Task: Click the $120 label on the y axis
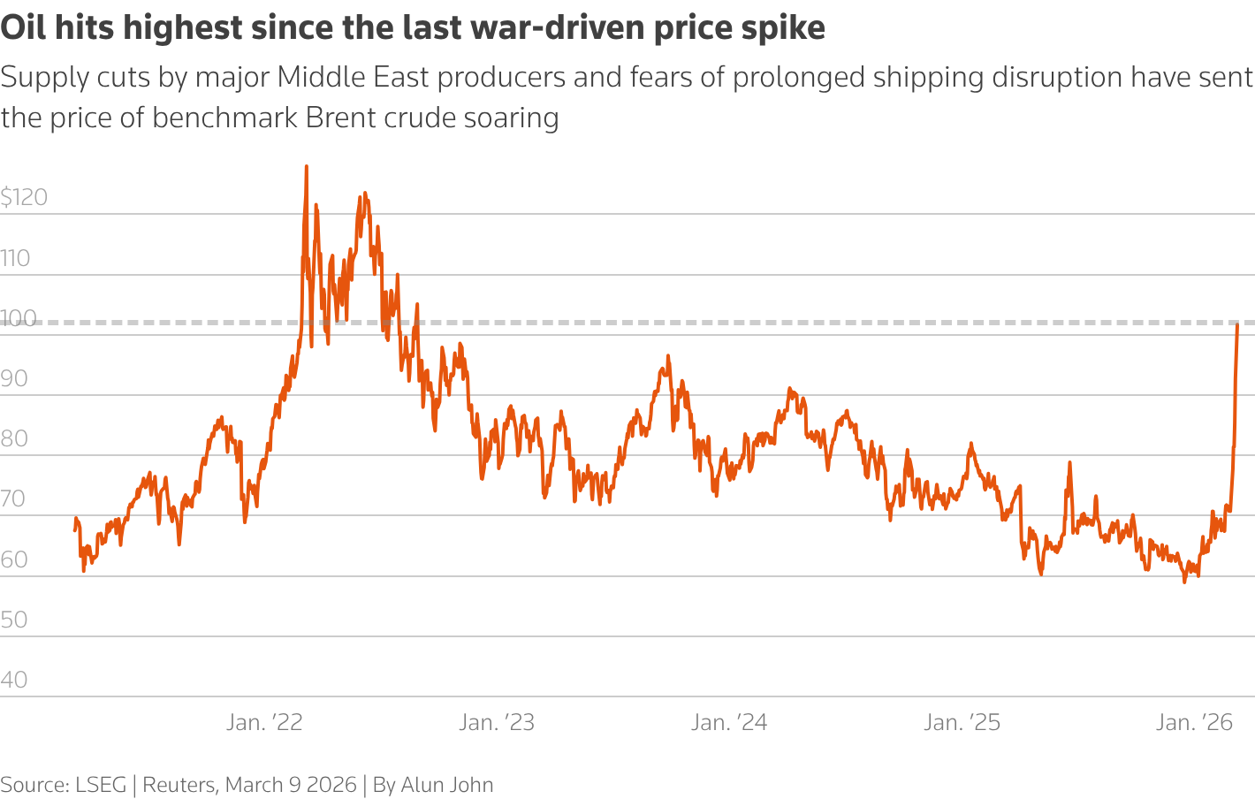click(x=24, y=197)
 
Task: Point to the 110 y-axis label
click(x=15, y=258)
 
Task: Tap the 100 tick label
click(x=19, y=318)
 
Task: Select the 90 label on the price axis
click(x=14, y=378)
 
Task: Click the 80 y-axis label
click(x=14, y=438)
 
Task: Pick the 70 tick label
click(x=13, y=498)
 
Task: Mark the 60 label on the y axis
click(x=14, y=559)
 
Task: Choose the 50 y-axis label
click(x=14, y=620)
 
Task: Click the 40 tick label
click(x=14, y=680)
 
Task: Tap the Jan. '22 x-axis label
click(x=264, y=723)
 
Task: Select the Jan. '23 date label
click(x=497, y=723)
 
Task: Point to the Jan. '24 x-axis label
click(x=729, y=723)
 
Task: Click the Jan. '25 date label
click(x=962, y=723)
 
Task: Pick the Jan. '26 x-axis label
click(x=1194, y=723)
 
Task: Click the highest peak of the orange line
click(x=306, y=166)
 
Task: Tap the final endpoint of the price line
click(x=1237, y=325)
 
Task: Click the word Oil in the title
click(x=22, y=28)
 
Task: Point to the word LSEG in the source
click(x=101, y=785)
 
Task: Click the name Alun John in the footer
click(x=447, y=785)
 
